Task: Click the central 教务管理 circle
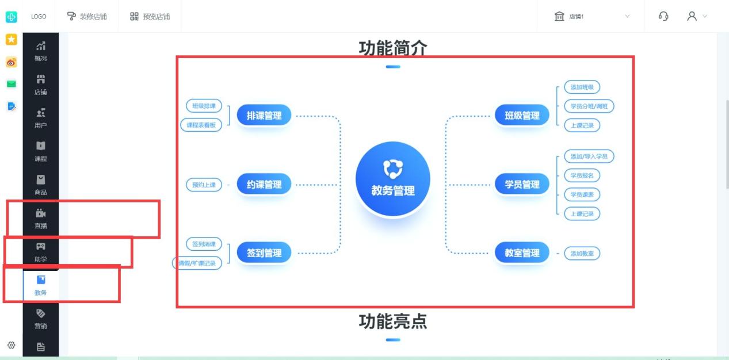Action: [x=393, y=178]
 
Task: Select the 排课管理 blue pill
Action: [x=264, y=115]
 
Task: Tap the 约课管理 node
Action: [x=264, y=185]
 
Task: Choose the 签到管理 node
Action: [x=264, y=252]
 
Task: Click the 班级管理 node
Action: [x=522, y=115]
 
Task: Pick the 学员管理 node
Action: [x=522, y=185]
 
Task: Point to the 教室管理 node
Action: [x=522, y=252]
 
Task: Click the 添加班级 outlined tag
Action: [x=582, y=87]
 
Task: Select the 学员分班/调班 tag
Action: [x=589, y=106]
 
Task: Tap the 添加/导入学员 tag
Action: [x=589, y=156]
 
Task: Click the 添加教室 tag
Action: [x=582, y=254]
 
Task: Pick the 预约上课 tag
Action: [x=204, y=185]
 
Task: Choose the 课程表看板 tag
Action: [x=201, y=125]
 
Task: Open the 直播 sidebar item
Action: [x=41, y=219]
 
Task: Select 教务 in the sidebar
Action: [x=41, y=286]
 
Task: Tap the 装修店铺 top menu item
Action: [x=87, y=16]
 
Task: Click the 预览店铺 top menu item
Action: [x=150, y=16]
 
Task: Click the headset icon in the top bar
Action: [x=663, y=16]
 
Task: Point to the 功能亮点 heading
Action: [x=393, y=321]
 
